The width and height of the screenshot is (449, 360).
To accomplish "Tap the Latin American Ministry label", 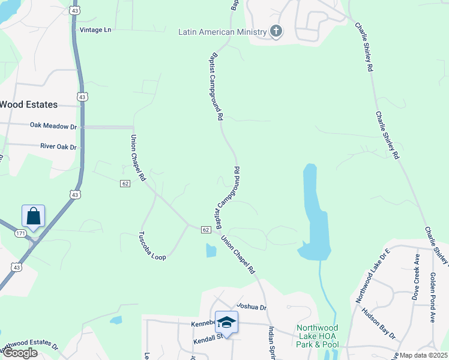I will coord(222,32).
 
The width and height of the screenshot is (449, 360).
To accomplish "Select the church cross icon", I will coord(276,31).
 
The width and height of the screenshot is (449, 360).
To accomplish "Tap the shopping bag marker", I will coord(34,217).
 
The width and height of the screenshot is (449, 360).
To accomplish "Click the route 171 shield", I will coord(21,233).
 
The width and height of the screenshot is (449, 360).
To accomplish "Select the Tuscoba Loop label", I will coord(152,246).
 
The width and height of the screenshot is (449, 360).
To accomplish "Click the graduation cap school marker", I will coord(226,323).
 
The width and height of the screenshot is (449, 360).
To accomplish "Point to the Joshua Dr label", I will coord(251,307).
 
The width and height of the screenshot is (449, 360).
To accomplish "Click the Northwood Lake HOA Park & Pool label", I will coord(317,336).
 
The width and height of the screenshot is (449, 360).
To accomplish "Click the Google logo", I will coord(19,353).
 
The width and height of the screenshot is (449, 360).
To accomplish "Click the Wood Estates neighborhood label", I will coord(29,104).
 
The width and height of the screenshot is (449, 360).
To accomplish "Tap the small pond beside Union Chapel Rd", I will coord(211,250).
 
